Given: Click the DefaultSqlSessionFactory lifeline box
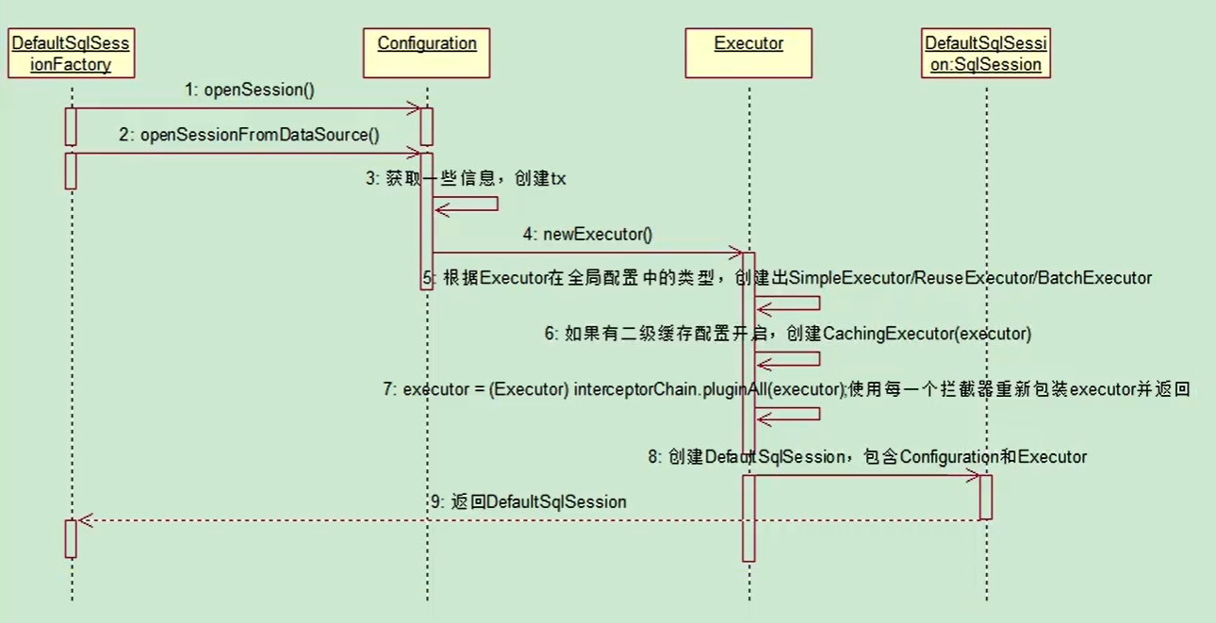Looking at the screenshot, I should (72, 53).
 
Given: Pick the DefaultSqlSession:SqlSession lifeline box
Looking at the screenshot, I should (985, 53).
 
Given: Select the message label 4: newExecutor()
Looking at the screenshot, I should (588, 235).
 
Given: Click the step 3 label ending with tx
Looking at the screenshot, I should (467, 179).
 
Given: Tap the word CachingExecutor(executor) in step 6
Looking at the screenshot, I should (928, 334).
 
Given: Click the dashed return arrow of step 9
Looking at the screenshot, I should (528, 519).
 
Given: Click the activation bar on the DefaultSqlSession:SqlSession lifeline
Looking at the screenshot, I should (986, 497).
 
